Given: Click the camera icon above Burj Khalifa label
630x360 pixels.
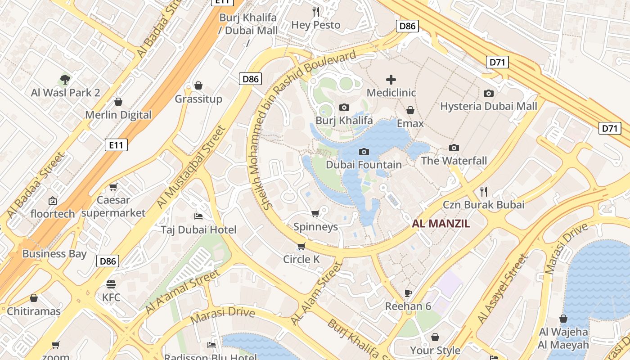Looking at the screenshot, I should pos(344,107).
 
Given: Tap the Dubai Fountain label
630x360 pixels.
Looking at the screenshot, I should pos(364,165).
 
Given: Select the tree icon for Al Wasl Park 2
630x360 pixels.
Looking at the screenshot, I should pos(65,80).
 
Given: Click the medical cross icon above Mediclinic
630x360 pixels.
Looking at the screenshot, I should pos(391,80).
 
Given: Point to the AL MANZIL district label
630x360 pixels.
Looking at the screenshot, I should pos(441,224).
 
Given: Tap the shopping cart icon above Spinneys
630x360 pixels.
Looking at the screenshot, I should pos(315,213).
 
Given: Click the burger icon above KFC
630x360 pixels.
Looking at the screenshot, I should pos(111,284).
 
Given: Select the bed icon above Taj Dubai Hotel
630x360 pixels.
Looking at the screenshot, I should pos(198,216).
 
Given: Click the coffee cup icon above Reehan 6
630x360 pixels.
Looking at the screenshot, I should pos(408,293).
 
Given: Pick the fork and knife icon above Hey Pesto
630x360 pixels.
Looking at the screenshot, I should pos(316,11).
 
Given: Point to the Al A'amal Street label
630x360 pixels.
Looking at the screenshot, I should pos(182,292).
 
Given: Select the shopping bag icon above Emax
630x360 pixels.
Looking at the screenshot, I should pos(410,110).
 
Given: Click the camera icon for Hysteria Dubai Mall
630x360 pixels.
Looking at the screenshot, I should pos(489,93).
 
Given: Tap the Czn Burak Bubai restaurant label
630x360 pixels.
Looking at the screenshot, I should pos(484,205).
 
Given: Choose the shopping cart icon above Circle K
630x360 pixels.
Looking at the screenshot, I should pos(301,246).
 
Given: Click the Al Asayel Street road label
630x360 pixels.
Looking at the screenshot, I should pos(502,289).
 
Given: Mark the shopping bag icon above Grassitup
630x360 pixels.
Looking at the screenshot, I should pos(198,85).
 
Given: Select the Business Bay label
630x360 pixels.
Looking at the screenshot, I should pos(54,254).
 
